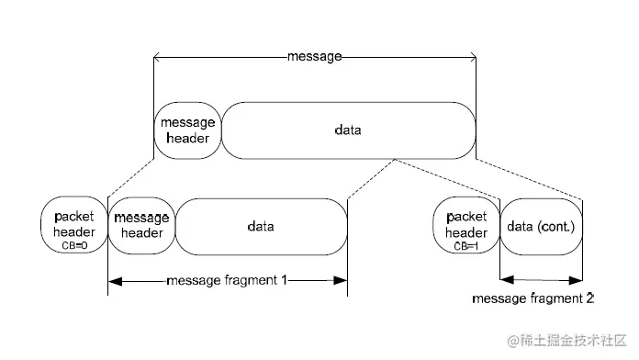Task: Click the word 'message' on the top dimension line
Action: pyautogui.click(x=314, y=56)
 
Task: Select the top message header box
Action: pyautogui.click(x=187, y=130)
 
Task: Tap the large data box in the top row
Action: pyautogui.click(x=348, y=130)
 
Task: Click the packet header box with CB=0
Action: pyautogui.click(x=73, y=226)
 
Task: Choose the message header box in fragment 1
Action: pyautogui.click(x=141, y=226)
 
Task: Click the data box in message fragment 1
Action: pyautogui.click(x=261, y=226)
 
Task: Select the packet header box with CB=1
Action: pyautogui.click(x=465, y=226)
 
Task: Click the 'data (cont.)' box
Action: pyautogui.click(x=541, y=226)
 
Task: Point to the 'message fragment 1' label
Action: pyautogui.click(x=227, y=280)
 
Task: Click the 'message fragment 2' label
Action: pyautogui.click(x=533, y=298)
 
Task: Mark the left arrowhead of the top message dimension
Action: pyautogui.click(x=158, y=57)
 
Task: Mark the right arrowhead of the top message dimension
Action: pyautogui.click(x=472, y=57)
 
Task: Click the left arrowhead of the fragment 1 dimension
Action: pyautogui.click(x=113, y=280)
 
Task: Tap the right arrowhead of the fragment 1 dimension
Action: pyautogui.click(x=343, y=280)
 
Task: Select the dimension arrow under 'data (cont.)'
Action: pyautogui.click(x=541, y=280)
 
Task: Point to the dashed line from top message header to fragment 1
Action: pyautogui.click(x=131, y=176)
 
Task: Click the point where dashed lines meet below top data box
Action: pyautogui.click(x=395, y=159)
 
